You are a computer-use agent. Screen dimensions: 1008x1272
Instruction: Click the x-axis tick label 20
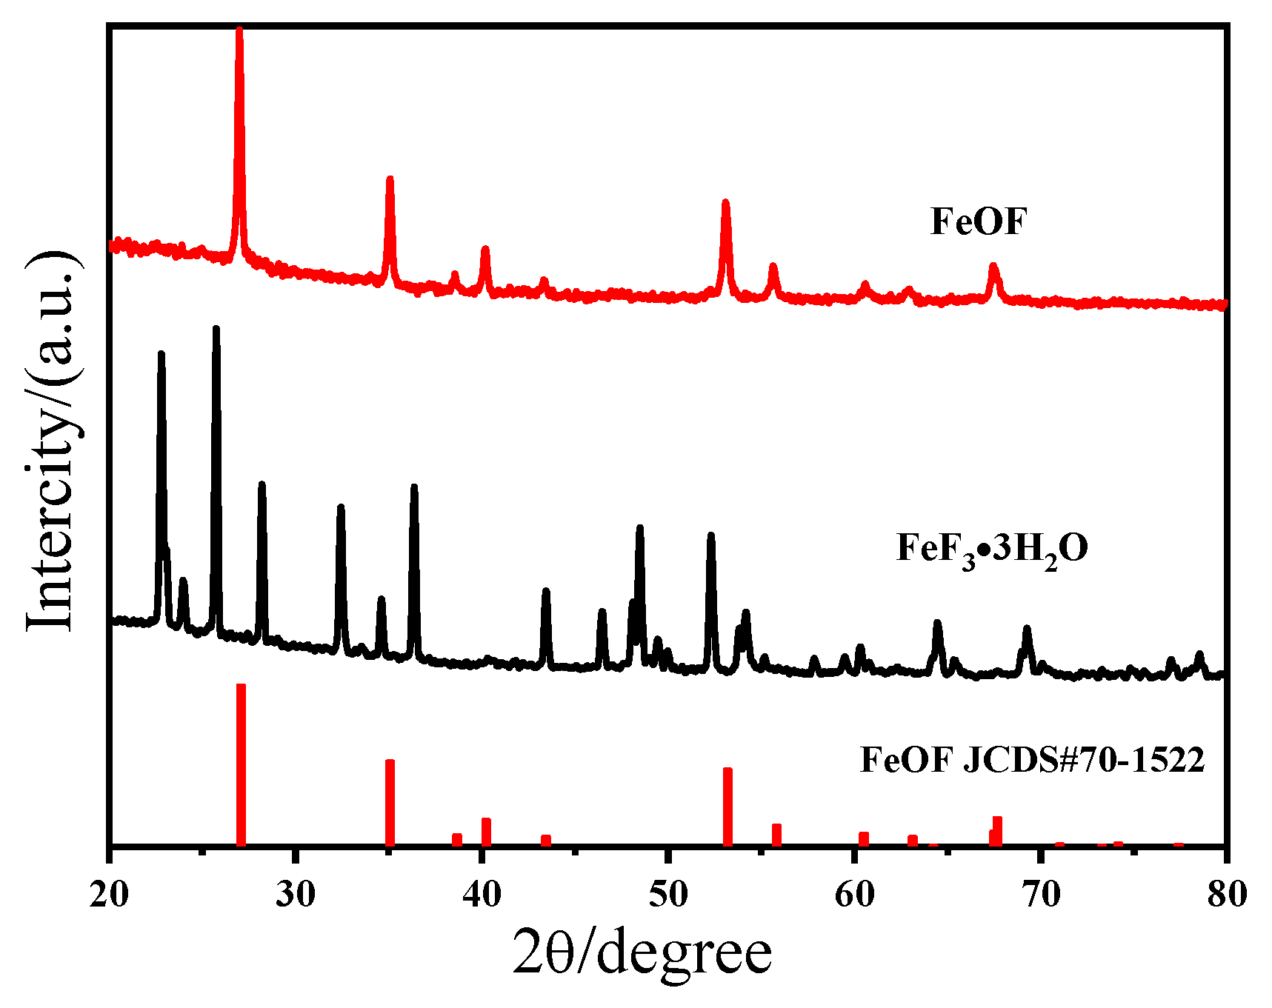click(109, 895)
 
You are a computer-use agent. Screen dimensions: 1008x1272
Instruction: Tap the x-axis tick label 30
click(295, 895)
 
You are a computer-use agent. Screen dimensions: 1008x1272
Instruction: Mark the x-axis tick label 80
click(1227, 895)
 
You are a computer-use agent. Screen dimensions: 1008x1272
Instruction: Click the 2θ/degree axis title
click(642, 955)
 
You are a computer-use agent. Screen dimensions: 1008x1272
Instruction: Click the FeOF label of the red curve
click(979, 221)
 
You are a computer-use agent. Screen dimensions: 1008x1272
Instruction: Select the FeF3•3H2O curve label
click(992, 550)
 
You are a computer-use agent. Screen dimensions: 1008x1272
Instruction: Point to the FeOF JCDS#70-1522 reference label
click(1032, 760)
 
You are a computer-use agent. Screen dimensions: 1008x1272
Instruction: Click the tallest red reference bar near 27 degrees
click(241, 763)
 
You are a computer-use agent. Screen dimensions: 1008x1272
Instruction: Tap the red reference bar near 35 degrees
click(390, 801)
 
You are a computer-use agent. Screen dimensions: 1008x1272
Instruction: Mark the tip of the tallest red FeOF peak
click(239, 31)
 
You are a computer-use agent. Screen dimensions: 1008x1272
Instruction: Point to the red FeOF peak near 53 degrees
click(725, 203)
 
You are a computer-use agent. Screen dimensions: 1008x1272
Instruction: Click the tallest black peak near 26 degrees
click(216, 329)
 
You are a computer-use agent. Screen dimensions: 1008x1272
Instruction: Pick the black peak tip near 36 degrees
click(414, 487)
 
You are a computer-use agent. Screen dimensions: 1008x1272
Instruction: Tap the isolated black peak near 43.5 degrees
click(546, 592)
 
